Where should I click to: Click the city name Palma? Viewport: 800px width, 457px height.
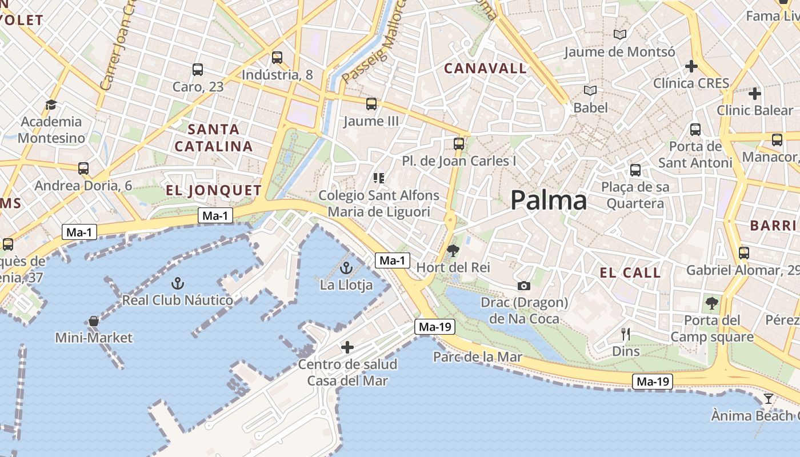tap(548, 201)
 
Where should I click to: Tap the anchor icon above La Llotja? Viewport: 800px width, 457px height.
tap(346, 268)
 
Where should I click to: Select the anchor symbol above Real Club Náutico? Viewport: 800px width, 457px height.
tap(178, 283)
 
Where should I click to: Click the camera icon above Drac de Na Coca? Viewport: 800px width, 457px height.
tap(523, 286)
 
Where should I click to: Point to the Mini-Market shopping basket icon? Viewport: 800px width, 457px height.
tap(94, 321)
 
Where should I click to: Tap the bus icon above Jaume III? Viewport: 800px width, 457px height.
tap(371, 104)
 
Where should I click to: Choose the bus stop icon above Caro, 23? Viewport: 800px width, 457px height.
tap(198, 70)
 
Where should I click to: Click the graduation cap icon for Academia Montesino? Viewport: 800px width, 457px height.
tap(51, 105)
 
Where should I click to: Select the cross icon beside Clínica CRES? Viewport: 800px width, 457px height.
tap(691, 66)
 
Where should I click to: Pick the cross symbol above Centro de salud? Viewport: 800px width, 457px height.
tap(347, 347)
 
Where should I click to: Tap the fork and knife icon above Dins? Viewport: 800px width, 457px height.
tap(626, 334)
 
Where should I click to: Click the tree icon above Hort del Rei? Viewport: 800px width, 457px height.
tap(453, 250)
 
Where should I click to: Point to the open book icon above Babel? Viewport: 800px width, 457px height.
tap(590, 91)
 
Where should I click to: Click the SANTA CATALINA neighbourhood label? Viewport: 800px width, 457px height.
tap(213, 138)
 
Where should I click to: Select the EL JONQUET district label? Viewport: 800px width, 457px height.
tap(214, 190)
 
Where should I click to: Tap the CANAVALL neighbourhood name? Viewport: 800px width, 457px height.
tap(485, 69)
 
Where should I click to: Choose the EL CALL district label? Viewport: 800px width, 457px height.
tap(630, 272)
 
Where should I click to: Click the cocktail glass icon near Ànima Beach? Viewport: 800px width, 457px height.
tap(768, 398)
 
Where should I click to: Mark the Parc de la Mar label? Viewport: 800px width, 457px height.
tap(477, 357)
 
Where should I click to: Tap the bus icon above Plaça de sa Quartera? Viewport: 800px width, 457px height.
tap(635, 170)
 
